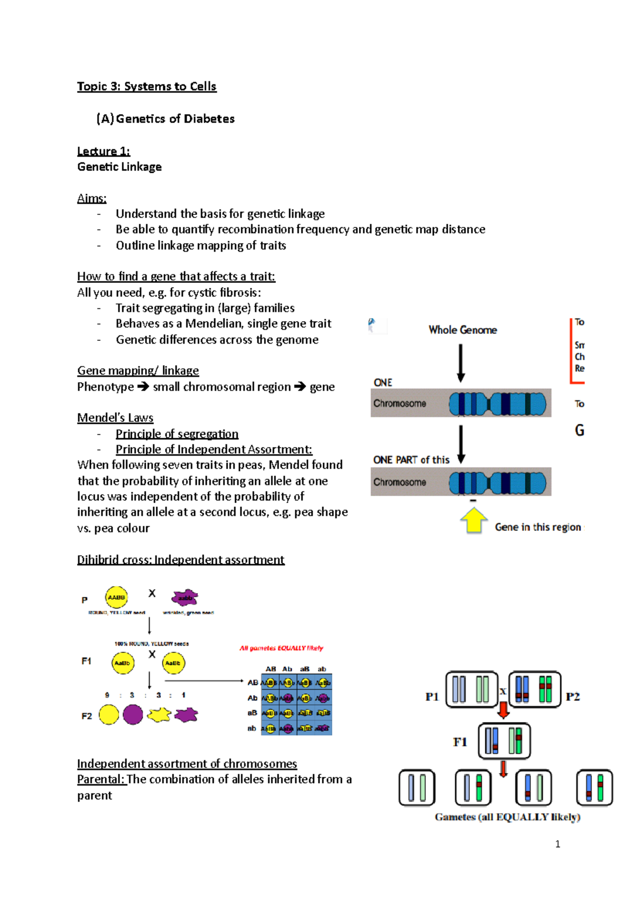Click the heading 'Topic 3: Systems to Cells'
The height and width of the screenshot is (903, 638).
click(x=147, y=86)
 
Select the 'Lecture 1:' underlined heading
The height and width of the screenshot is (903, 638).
click(x=103, y=151)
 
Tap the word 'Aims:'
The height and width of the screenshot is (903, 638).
click(x=91, y=198)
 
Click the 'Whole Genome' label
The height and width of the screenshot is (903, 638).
click(x=463, y=330)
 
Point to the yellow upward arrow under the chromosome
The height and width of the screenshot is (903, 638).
click(x=473, y=520)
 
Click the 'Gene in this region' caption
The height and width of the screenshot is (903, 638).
click(x=538, y=527)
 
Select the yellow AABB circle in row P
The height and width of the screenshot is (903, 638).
click(x=116, y=597)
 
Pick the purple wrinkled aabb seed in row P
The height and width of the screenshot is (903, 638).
click(x=184, y=598)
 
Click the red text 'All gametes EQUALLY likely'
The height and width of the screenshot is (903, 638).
click(x=281, y=648)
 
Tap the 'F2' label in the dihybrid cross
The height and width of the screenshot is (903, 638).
click(x=87, y=716)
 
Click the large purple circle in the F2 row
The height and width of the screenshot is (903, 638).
click(x=133, y=715)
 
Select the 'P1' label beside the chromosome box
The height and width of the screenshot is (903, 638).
click(x=432, y=697)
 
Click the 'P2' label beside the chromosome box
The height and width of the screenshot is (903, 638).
click(x=573, y=697)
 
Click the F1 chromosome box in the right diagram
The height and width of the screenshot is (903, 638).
click(x=504, y=741)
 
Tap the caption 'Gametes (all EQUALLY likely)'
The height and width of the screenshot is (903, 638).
click(x=507, y=817)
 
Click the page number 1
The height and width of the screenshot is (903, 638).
click(x=557, y=844)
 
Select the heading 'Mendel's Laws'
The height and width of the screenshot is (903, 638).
click(x=115, y=417)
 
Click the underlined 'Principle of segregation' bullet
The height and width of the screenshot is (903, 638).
click(x=177, y=433)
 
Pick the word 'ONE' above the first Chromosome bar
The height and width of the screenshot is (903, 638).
click(x=383, y=382)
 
